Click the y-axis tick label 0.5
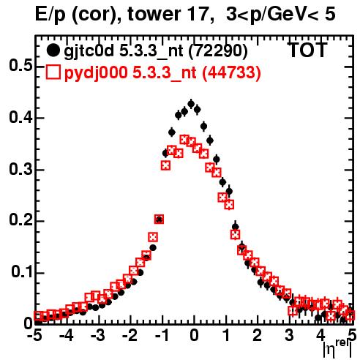pos(20,66)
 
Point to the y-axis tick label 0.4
pos(20,117)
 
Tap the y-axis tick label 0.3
pos(20,169)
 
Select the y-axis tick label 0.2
pos(20,220)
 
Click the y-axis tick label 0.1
pos(21,272)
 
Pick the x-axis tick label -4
pos(67,336)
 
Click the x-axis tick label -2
pos(130,336)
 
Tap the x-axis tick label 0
pos(194,336)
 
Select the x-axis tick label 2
pos(258,336)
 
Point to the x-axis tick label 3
pos(290,336)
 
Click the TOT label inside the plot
pos(307,50)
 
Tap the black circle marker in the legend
pos(53,50)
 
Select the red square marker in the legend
pos(53,72)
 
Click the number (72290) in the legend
pos(218,51)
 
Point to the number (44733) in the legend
pos(232,72)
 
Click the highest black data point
pos(191,104)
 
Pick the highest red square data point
pos(184,140)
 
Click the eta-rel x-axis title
pos(338,348)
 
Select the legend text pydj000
pos(96,72)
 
